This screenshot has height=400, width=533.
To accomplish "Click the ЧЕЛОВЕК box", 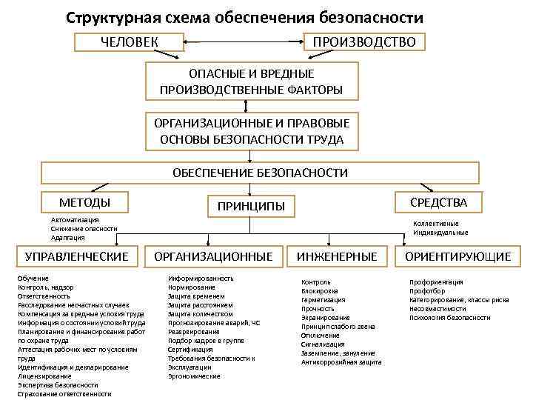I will (129, 41).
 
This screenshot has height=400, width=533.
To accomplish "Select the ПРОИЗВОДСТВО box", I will (366, 41).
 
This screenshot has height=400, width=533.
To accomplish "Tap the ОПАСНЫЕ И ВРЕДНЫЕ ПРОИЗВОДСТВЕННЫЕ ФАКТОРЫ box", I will (251, 81).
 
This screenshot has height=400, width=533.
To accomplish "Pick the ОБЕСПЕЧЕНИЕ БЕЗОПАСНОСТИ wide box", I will (260, 173).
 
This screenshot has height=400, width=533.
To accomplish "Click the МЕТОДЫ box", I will (84, 201).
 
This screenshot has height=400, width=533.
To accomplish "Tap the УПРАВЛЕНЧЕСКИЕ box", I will (77, 256).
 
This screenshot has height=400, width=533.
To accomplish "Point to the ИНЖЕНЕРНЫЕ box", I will (337, 256).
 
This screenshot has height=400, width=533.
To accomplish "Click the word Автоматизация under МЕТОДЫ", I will (75, 220).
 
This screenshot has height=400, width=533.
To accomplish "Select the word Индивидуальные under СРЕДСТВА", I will (440, 233).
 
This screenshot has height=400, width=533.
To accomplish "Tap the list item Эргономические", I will (194, 376).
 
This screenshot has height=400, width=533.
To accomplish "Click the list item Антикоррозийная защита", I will (341, 362).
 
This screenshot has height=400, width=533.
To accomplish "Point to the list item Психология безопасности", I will (450, 318).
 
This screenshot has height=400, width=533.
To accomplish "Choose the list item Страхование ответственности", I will (64, 394).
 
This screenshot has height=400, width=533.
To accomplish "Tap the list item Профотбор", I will (430, 291).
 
